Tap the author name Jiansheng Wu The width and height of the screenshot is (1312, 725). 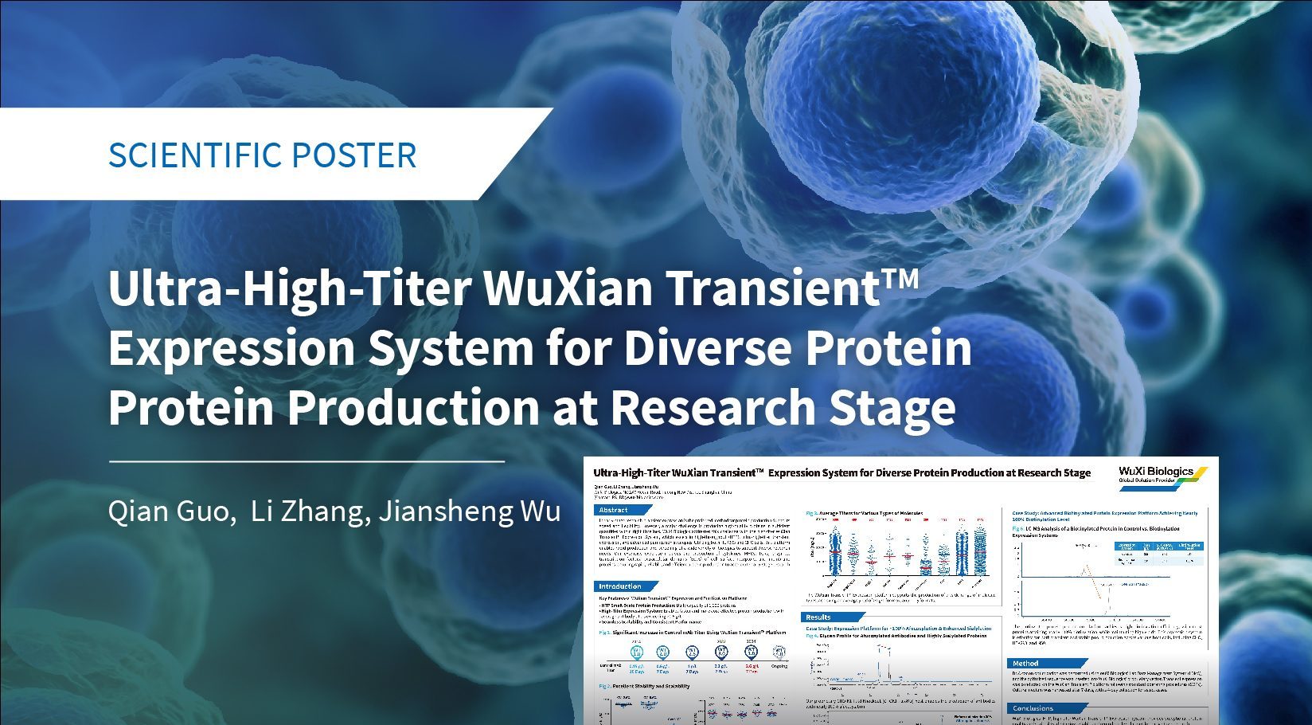(x=469, y=511)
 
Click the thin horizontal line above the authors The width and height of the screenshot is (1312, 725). (x=307, y=460)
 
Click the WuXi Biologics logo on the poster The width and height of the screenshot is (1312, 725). (x=1156, y=473)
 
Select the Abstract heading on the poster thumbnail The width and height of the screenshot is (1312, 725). (x=614, y=510)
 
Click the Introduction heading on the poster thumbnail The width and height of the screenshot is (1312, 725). (x=620, y=586)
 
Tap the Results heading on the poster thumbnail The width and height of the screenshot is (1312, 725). (x=818, y=617)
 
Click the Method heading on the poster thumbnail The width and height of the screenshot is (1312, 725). (x=1025, y=663)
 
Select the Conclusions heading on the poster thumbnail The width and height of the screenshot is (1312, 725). (x=1033, y=707)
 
